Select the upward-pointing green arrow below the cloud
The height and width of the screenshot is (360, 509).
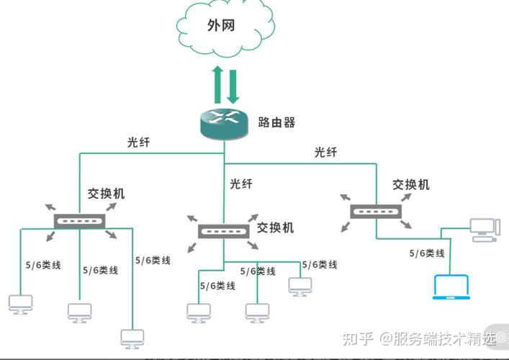[x=217, y=84]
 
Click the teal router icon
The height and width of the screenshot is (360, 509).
[x=225, y=123]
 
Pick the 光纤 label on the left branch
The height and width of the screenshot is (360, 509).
[x=139, y=143]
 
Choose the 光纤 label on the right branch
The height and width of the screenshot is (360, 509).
[x=325, y=152]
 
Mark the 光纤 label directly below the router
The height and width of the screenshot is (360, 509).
[x=241, y=184]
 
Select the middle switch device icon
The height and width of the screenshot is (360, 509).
[x=224, y=233]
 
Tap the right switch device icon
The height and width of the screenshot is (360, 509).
[x=376, y=210]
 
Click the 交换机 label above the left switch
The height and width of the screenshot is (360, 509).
[x=107, y=194]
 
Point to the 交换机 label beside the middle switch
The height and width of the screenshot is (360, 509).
[x=276, y=228]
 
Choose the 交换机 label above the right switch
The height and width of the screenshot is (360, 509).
[x=411, y=184]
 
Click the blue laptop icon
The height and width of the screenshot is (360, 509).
[x=449, y=287]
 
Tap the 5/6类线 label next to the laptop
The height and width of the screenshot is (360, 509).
[x=427, y=253]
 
